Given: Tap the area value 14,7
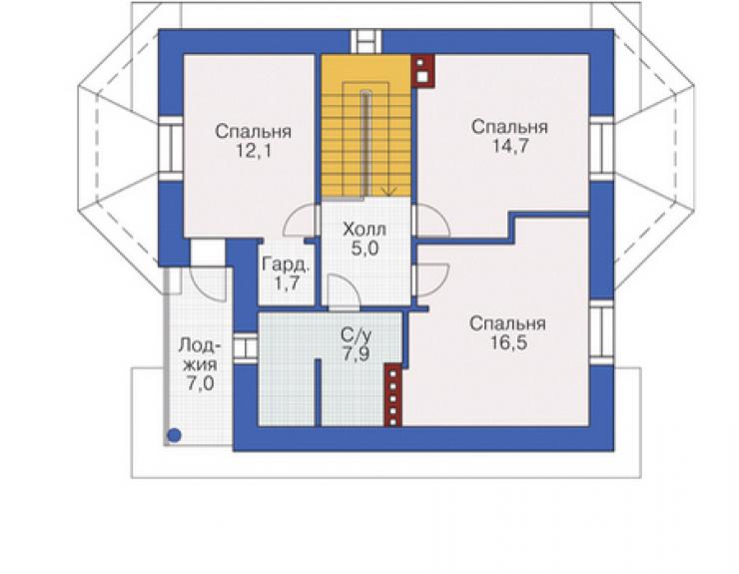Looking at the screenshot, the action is [510, 147].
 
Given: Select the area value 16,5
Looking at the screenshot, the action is [508, 343].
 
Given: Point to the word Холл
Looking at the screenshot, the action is [365, 230].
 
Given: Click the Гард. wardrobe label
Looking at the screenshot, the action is [286, 265].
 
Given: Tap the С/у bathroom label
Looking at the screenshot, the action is [357, 335].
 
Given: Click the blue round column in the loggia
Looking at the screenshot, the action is [175, 435].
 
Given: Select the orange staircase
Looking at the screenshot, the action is [366, 127].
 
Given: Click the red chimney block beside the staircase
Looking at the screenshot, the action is [422, 71].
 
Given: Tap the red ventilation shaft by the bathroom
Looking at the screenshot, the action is [393, 395].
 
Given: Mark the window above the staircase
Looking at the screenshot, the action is [366, 41].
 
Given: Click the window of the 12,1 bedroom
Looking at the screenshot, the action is [171, 148].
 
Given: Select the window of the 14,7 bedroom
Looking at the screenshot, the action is [601, 148].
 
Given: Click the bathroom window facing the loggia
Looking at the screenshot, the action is [246, 348].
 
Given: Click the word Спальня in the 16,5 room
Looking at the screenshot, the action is [507, 324].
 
